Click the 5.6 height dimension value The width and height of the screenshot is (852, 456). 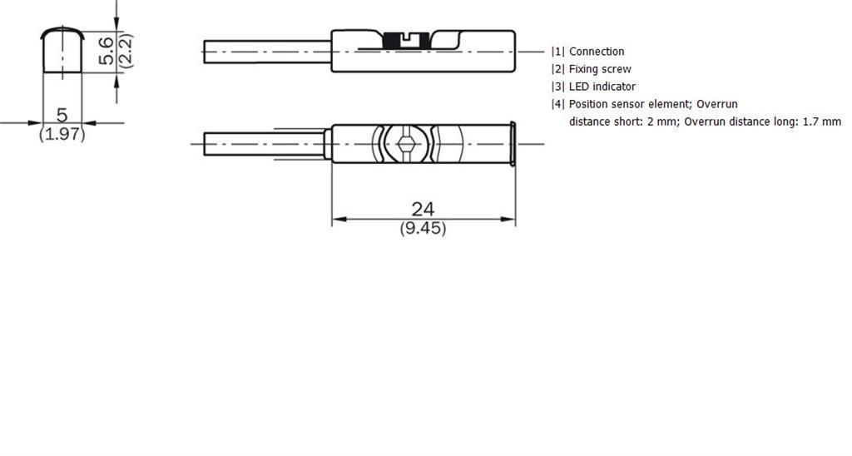106,51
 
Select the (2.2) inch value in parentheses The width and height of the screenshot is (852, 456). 126,51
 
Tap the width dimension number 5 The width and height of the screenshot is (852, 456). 62,115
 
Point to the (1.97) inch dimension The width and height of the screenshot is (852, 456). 62,133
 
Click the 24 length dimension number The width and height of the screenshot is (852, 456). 423,209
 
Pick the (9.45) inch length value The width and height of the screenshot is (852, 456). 423,228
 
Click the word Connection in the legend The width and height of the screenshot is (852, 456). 597,52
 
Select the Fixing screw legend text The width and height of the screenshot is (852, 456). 600,69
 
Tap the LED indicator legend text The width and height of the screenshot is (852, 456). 602,87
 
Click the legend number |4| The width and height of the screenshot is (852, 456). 558,104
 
